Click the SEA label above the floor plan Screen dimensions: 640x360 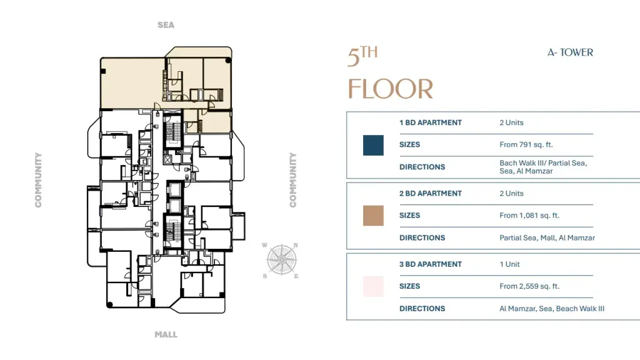point(166,25)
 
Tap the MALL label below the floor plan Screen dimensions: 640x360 point(166,335)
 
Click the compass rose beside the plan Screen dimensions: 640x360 point(281,260)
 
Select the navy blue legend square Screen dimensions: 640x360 point(373,145)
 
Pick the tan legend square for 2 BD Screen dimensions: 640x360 point(373,216)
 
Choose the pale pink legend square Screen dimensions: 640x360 point(373,286)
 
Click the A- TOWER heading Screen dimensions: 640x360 point(570,52)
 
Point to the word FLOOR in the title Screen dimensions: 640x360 point(390,89)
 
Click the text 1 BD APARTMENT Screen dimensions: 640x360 point(431,122)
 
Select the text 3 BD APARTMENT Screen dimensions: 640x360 point(431,264)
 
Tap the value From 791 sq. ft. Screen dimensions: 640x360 point(526,144)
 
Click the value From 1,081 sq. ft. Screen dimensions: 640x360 point(529,216)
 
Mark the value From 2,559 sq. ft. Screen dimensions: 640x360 point(529,286)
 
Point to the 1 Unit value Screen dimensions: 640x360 point(510,264)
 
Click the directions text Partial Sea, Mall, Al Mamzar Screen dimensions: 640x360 point(547,237)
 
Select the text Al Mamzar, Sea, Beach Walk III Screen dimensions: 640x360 point(552,309)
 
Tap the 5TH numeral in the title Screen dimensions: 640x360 point(362,56)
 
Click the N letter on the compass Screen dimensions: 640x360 point(296,245)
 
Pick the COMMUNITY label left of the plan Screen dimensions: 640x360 point(38,180)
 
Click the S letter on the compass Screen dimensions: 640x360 point(265,276)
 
